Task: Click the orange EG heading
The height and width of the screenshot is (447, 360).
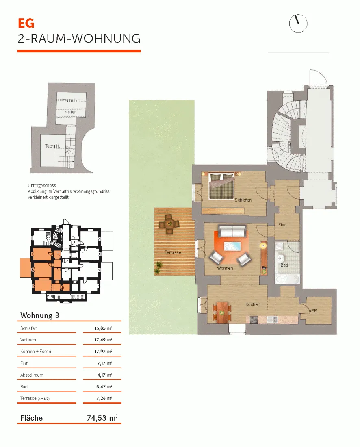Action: point(26,23)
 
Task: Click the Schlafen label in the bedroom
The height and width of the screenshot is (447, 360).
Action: point(243,200)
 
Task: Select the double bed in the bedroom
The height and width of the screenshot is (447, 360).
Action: point(222,186)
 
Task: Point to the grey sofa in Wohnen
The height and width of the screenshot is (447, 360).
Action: point(232,231)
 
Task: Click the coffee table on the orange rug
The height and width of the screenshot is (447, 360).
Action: point(232,246)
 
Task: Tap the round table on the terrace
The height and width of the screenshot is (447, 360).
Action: point(169,224)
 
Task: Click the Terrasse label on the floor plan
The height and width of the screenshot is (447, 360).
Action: point(173,252)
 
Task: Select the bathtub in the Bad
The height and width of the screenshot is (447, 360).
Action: point(287,279)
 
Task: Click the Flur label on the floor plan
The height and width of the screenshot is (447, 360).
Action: point(282,225)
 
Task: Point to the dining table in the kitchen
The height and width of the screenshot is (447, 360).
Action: point(222,313)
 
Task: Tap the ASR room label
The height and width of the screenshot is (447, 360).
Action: point(313,311)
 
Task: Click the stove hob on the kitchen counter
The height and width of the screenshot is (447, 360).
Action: point(254,320)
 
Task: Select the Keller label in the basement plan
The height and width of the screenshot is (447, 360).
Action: point(70,112)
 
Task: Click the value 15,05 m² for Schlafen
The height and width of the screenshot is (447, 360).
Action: point(104,328)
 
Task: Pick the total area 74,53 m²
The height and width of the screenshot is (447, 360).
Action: point(102,418)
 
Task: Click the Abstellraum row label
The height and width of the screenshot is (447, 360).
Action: point(32,375)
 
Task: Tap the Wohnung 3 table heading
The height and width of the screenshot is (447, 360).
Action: point(40,315)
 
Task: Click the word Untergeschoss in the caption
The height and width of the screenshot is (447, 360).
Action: point(41,185)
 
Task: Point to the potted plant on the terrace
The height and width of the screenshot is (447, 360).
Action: point(158,267)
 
